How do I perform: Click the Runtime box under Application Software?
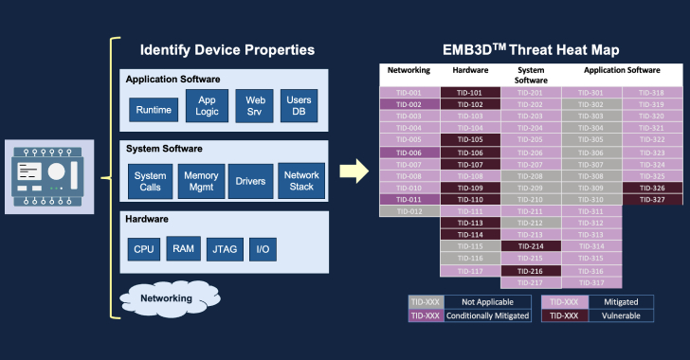click(x=154, y=111)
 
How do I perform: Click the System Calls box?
click(x=150, y=182)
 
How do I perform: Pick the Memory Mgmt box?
click(x=201, y=182)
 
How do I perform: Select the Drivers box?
click(x=250, y=182)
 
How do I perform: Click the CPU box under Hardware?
click(x=144, y=249)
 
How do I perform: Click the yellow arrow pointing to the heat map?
click(x=354, y=171)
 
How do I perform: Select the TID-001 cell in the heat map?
click(x=409, y=93)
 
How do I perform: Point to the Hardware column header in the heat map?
click(x=470, y=70)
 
